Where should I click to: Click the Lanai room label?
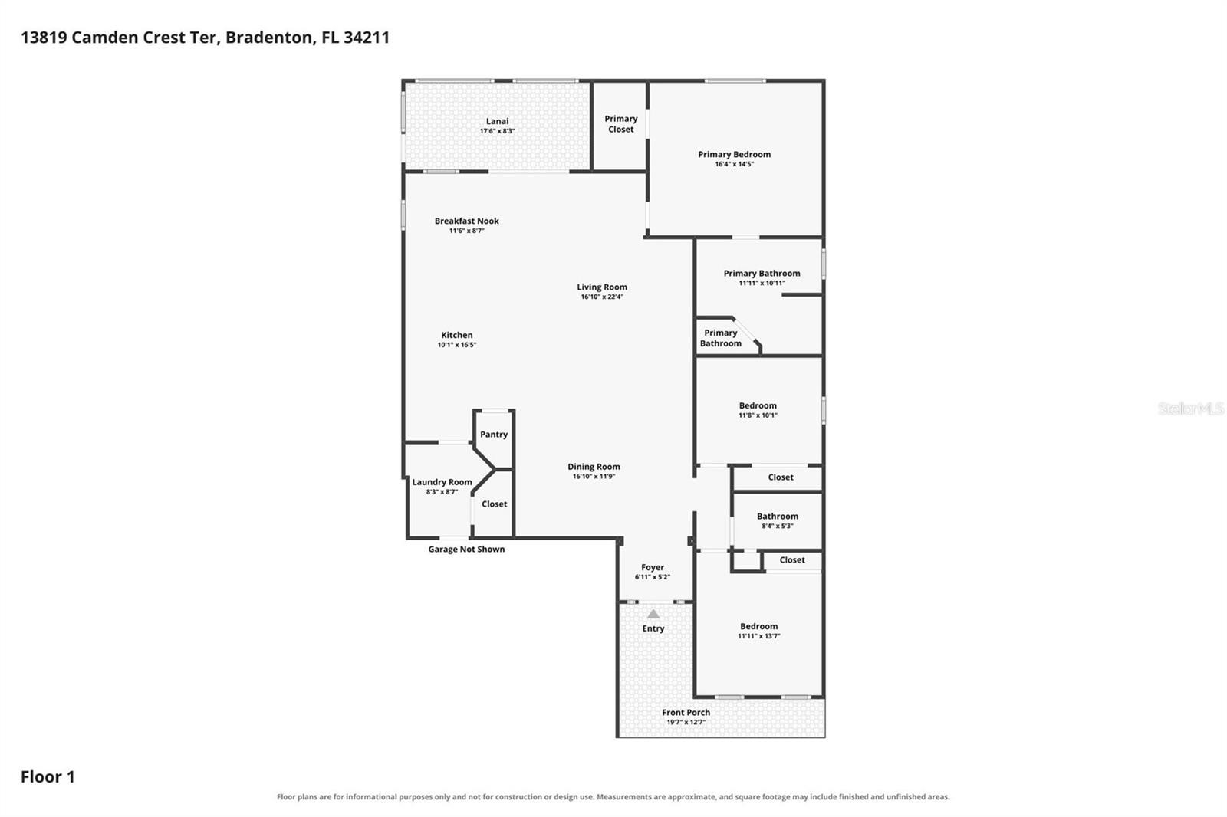[498, 121]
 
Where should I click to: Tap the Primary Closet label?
[620, 123]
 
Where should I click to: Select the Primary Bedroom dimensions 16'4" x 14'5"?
[735, 164]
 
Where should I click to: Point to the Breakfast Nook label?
[467, 221]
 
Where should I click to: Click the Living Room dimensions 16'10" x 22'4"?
[602, 297]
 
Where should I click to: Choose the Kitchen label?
[457, 335]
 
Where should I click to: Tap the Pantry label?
[494, 435]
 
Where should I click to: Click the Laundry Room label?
[442, 482]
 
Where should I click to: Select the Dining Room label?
[594, 467]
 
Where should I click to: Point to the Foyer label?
[653, 567]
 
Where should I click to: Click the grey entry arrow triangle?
[653, 614]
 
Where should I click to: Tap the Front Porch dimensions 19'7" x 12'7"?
[686, 722]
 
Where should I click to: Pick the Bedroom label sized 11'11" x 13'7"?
[758, 626]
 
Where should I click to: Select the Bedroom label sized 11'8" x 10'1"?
[758, 405]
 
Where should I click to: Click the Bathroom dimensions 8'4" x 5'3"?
[778, 526]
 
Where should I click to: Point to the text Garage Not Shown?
[466, 550]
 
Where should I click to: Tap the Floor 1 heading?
[48, 776]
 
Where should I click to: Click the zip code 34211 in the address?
[367, 38]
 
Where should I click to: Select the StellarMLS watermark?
[1191, 408]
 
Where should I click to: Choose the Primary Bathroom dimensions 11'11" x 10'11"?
[762, 283]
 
